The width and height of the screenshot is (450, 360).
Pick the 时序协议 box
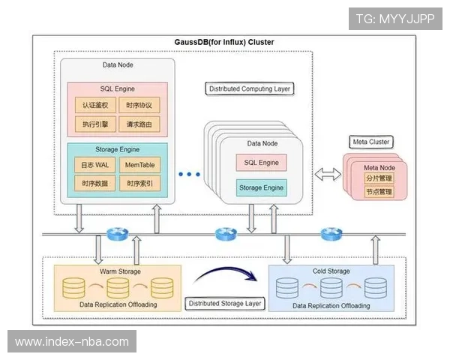[x=139, y=105]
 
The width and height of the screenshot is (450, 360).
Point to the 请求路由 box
[x=139, y=123]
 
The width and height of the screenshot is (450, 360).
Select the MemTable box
[x=139, y=164]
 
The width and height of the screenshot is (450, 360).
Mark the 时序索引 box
[x=139, y=183]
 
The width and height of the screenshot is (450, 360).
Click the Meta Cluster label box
[x=371, y=142]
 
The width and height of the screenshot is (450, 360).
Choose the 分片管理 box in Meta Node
[x=379, y=179]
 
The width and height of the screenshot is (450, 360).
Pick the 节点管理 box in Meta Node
[x=379, y=192]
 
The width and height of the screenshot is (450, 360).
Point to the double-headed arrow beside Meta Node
[x=325, y=174]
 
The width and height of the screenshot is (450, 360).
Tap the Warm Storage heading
[x=119, y=271]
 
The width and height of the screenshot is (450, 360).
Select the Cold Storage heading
[x=331, y=271]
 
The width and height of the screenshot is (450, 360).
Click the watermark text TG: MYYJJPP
[x=395, y=18]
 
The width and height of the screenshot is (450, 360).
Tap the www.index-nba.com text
[x=72, y=342]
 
